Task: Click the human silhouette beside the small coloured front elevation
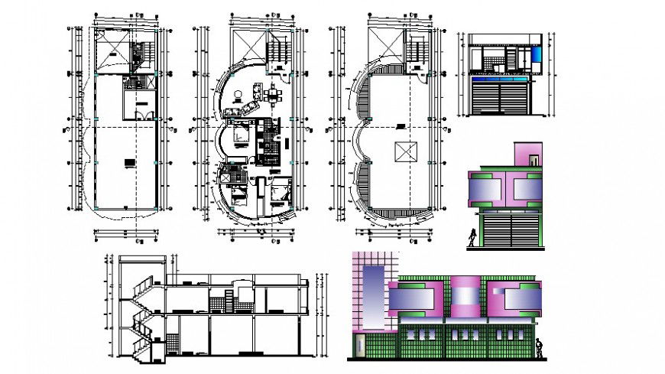(474, 237)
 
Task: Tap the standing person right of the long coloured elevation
(540, 348)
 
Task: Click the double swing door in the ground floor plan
(139, 114)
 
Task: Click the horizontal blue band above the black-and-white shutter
(500, 78)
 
